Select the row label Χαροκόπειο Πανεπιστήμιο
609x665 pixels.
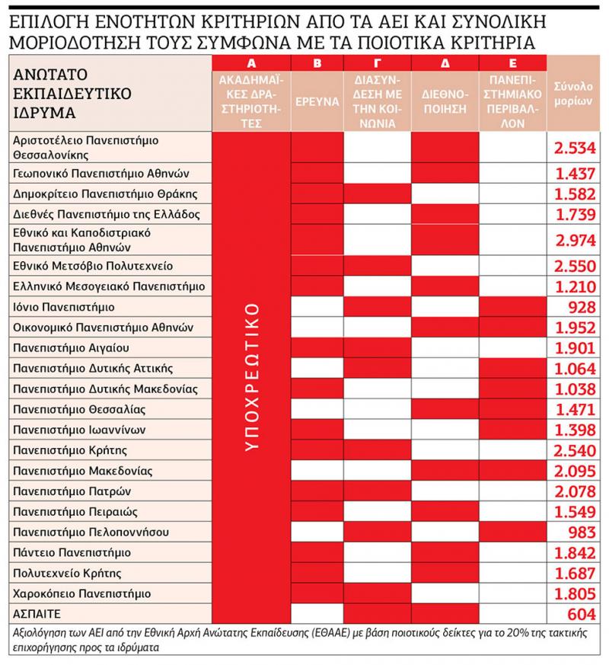point(83,593)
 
